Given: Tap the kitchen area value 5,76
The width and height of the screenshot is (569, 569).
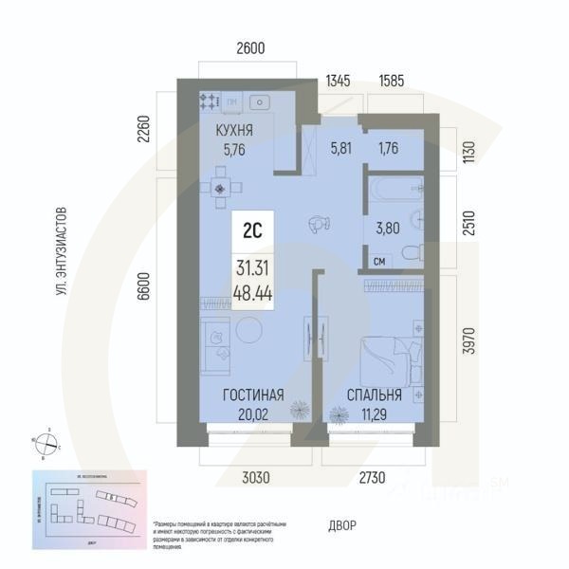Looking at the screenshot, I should pos(234,149).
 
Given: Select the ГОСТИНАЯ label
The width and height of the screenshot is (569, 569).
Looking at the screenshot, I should pos(253,395).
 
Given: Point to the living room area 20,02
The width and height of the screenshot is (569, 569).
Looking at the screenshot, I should pos(253,413).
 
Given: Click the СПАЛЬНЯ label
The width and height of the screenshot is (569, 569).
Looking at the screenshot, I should pos(375,395).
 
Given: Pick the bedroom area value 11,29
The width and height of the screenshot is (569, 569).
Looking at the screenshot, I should pos(375,413).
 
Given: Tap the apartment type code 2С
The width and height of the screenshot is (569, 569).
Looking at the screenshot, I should pos(253,228).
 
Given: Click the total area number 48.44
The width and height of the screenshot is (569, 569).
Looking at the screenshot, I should pos(253,293).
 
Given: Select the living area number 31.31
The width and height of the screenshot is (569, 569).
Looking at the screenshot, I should pos(253,269).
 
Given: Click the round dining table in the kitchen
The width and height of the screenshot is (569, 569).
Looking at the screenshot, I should pos(221,188).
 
